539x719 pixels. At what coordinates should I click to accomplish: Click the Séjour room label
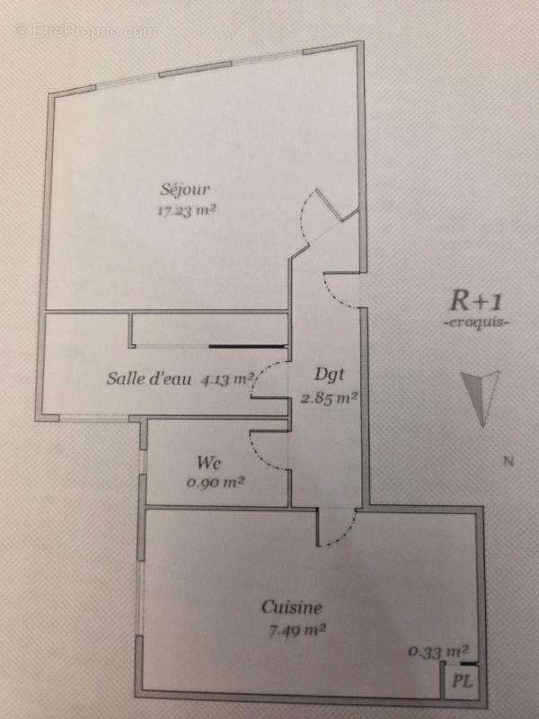click(185, 190)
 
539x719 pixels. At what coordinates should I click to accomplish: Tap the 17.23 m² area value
click(186, 210)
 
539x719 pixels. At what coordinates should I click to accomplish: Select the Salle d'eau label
click(149, 378)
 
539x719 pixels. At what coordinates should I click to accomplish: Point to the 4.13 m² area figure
click(227, 379)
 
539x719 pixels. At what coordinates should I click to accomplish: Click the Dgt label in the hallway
click(329, 376)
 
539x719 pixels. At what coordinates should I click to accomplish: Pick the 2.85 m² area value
click(329, 398)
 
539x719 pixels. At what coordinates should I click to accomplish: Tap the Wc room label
click(209, 462)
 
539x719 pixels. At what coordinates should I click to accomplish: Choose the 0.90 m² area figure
click(215, 482)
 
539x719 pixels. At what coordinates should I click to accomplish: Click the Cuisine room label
click(291, 608)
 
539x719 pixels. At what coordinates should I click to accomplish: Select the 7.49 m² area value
click(296, 631)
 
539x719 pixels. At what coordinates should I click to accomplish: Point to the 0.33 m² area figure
click(438, 651)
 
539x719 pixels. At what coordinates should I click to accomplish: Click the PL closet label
click(462, 681)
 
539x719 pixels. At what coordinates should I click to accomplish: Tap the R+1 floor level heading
click(476, 301)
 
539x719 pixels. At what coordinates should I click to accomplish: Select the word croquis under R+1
click(477, 323)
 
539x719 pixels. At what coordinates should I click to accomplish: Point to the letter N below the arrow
click(508, 461)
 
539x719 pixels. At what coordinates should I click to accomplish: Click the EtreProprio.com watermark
click(86, 31)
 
